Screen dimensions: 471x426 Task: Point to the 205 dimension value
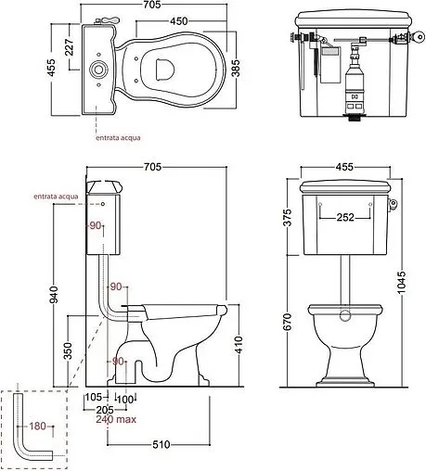(105, 409)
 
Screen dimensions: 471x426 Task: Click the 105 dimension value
(93, 399)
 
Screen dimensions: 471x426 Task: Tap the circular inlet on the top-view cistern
(97, 69)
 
